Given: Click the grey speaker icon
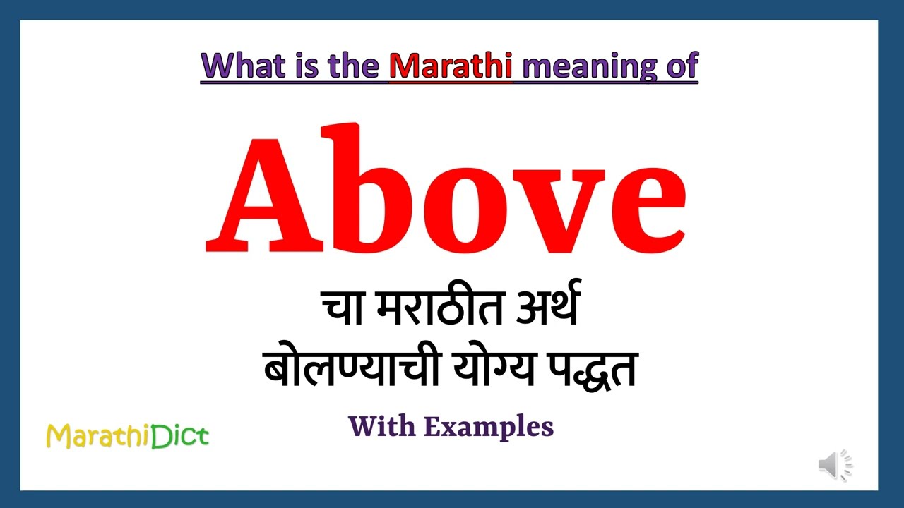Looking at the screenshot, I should tap(835, 465).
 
